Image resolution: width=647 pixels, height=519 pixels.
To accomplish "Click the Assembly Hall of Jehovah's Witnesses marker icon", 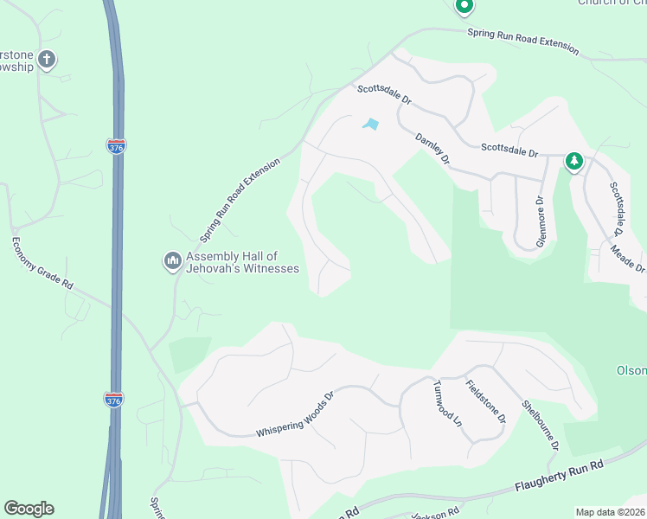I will click(x=171, y=259).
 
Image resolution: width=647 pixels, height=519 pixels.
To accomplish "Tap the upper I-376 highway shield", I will click(x=115, y=146).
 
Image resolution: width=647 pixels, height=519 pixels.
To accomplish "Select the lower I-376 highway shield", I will click(x=113, y=400).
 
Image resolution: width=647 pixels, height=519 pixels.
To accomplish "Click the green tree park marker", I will click(x=573, y=161).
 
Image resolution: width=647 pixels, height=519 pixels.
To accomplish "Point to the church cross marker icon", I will click(x=47, y=60).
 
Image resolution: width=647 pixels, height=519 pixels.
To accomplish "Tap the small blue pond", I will click(x=371, y=124).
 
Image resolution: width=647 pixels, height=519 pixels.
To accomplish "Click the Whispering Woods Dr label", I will click(x=295, y=415).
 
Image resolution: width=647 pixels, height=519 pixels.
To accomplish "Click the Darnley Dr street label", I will click(x=432, y=147).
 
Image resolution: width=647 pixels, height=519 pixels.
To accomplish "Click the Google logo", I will click(x=29, y=509).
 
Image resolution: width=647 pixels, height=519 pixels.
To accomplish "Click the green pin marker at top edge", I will click(x=464, y=7).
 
